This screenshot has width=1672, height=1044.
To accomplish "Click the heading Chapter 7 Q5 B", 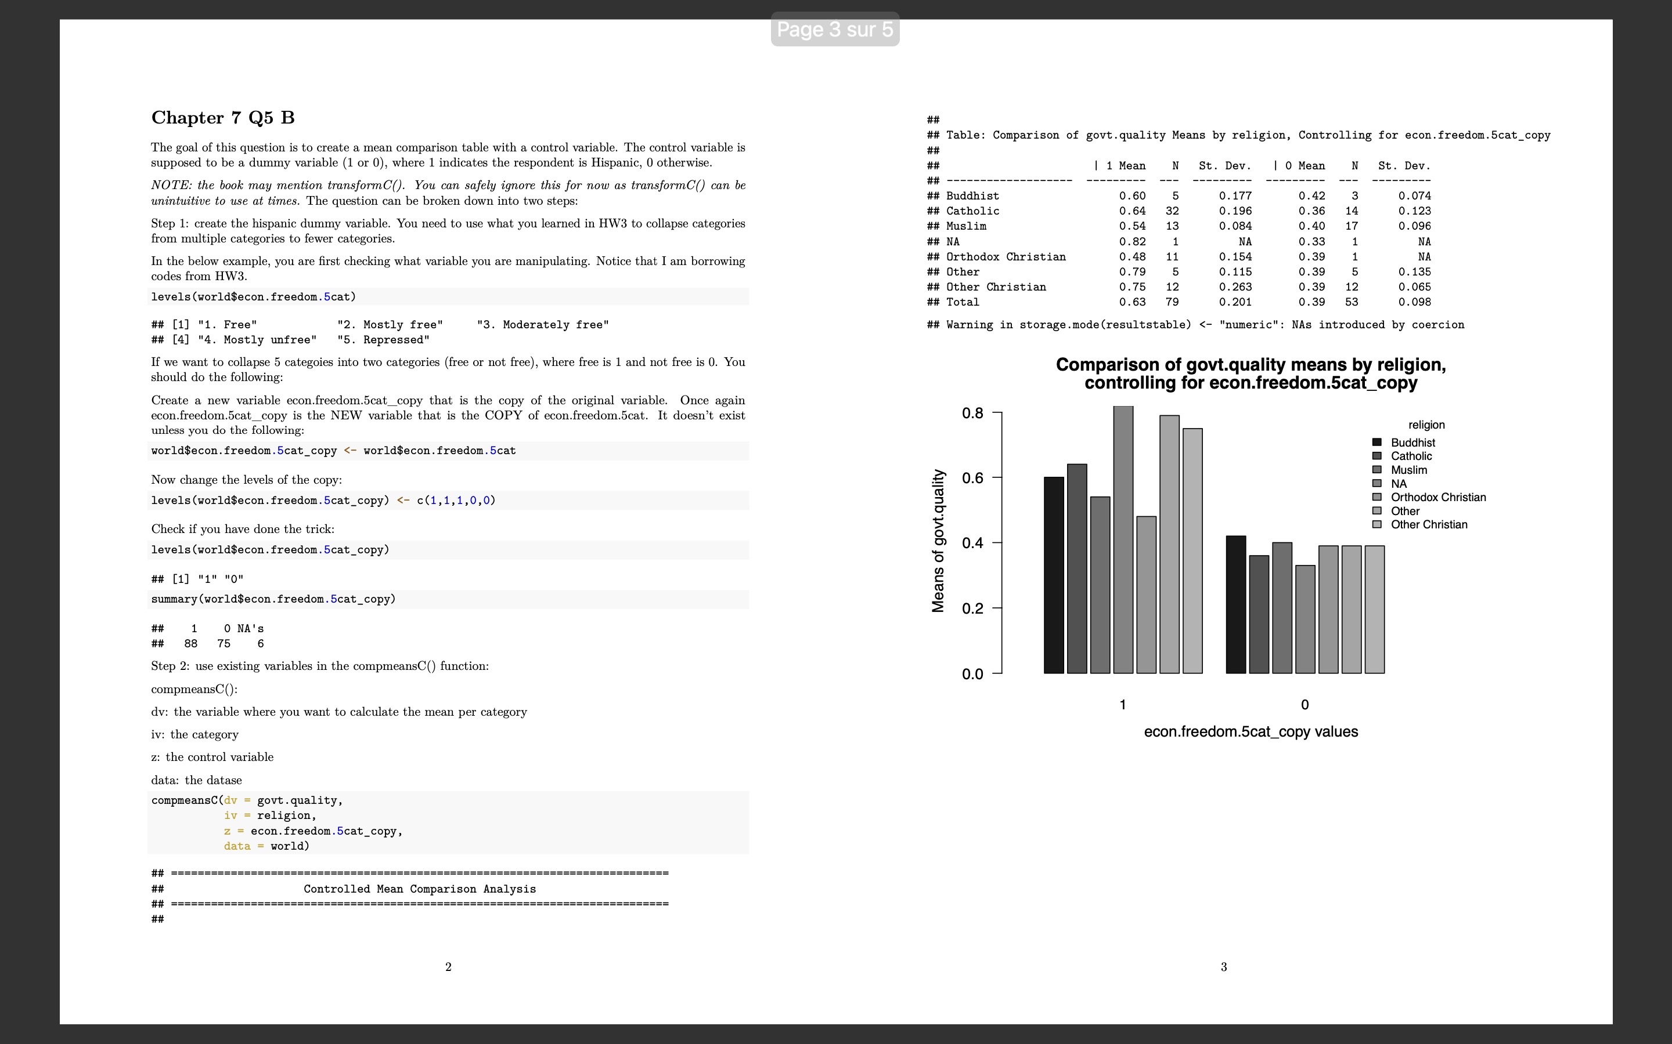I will (222, 118).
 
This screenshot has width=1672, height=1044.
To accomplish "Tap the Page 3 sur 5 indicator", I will (835, 30).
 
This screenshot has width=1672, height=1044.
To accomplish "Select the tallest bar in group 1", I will (1123, 539).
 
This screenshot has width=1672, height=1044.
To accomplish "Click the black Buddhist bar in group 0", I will (1235, 604).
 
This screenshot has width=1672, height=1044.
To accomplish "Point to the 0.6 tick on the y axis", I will (972, 478).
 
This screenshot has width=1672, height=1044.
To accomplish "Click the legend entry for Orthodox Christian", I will (1438, 497).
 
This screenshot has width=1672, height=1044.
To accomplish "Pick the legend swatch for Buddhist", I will (1376, 443).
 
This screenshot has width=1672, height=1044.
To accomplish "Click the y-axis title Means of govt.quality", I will (938, 541).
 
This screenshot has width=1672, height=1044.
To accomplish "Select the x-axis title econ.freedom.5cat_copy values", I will (1251, 732).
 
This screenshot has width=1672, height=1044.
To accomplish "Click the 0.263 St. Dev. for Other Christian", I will (1235, 287).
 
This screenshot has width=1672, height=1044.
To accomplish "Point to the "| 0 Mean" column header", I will (1299, 166).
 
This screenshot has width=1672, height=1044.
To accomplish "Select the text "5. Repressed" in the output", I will (383, 340).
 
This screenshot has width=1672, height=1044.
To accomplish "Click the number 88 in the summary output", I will (190, 644).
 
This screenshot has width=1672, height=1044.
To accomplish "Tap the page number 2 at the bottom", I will (448, 967).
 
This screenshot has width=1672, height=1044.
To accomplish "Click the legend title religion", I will (1426, 425).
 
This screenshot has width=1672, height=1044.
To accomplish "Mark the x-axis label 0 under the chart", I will (1305, 705).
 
